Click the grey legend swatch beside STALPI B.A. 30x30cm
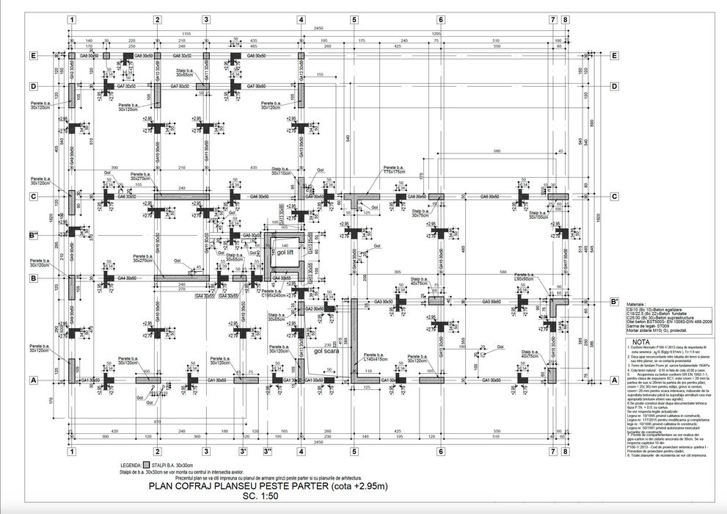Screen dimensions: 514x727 pyautogui.click(x=147, y=466)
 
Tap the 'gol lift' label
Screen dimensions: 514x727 pyautogui.click(x=285, y=252)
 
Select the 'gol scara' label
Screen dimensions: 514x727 pyautogui.click(x=328, y=351)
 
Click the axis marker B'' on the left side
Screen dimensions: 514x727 pyautogui.click(x=33, y=236)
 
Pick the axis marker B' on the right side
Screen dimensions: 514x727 pyautogui.click(x=614, y=302)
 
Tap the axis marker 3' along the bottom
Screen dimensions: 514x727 pyautogui.click(x=243, y=452)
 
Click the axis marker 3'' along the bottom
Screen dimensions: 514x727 pyautogui.click(x=268, y=452)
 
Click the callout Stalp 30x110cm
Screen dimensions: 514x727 pyautogui.click(x=281, y=171)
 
